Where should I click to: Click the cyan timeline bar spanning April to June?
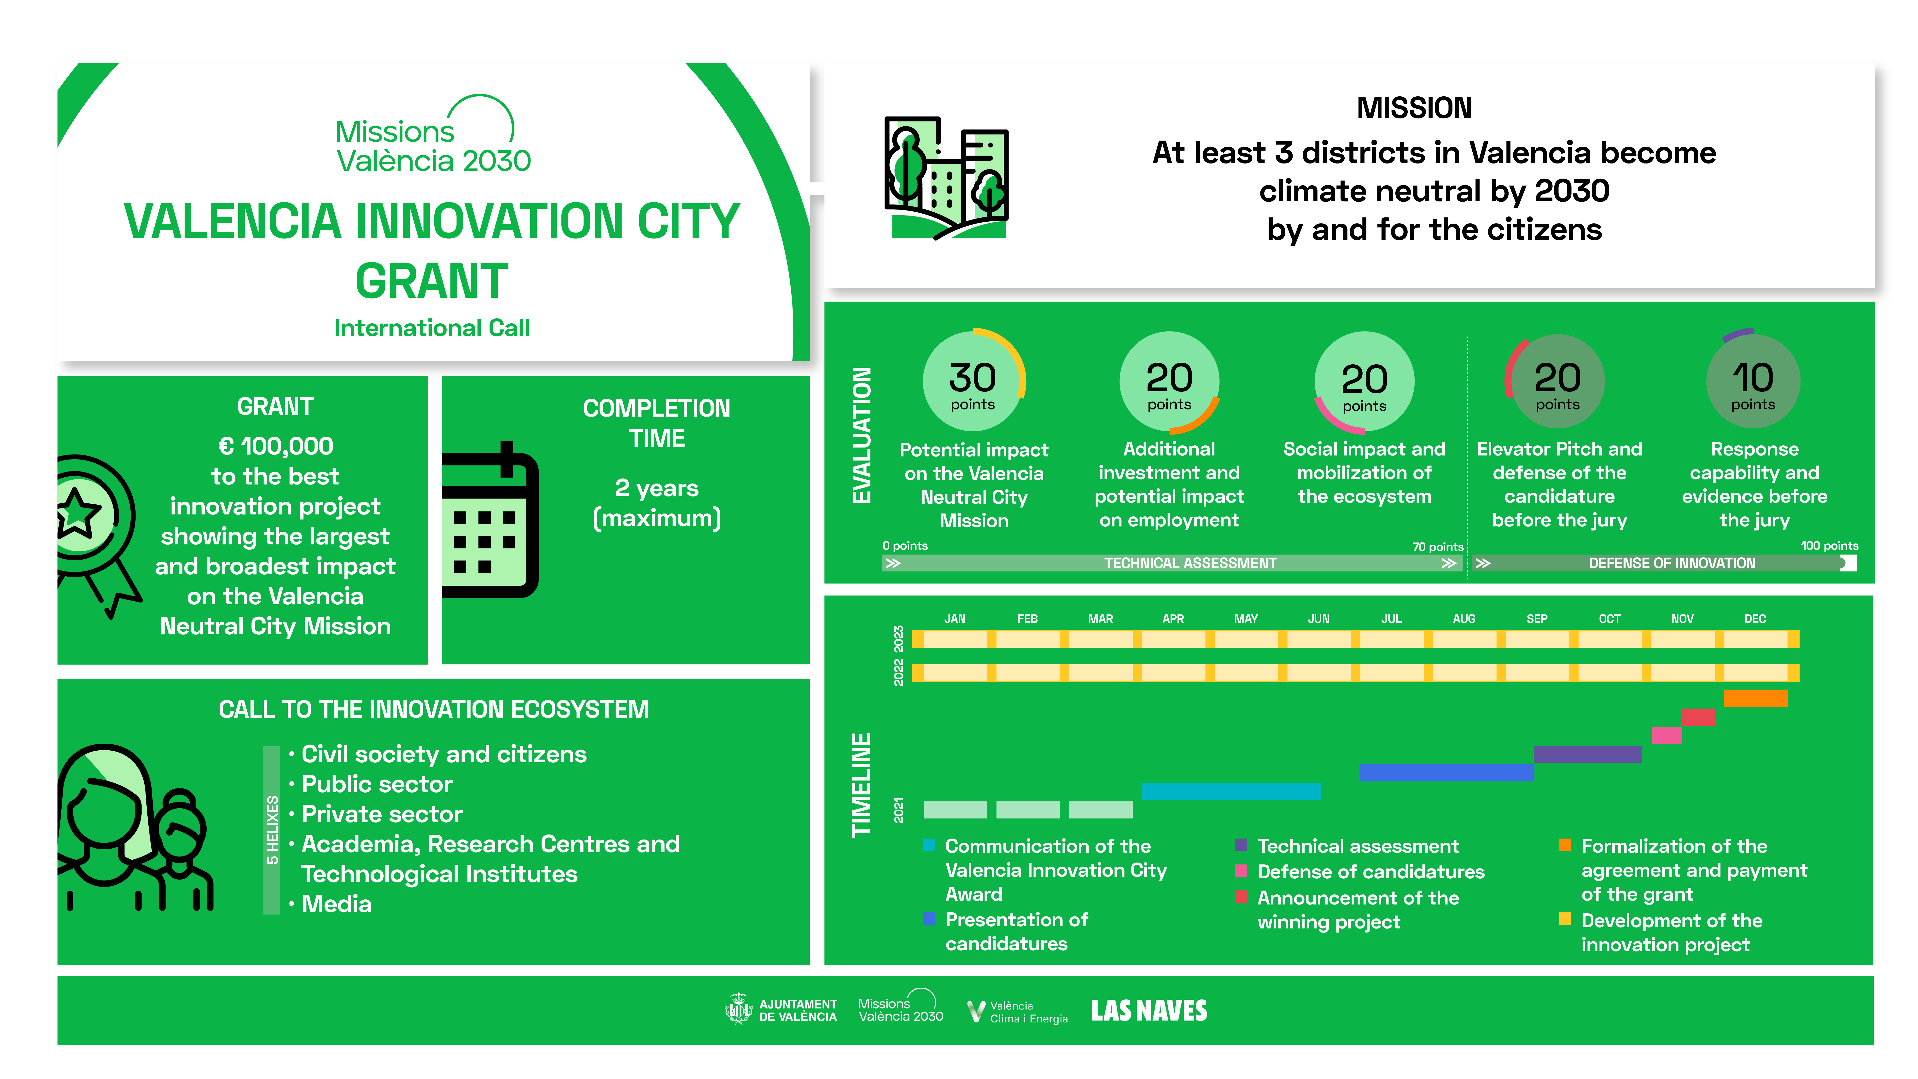pos(1231,791)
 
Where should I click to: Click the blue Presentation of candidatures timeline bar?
pos(1447,772)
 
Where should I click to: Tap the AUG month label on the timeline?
pos(1464,619)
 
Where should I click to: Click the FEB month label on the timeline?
pos(1027,619)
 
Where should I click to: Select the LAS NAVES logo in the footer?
pos(1149,1010)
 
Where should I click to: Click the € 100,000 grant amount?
pos(275,446)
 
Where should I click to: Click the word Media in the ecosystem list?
pos(337,904)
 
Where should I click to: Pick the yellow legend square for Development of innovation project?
pos(1565,919)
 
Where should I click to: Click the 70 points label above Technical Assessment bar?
pos(1438,547)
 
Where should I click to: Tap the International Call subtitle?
pos(432,328)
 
